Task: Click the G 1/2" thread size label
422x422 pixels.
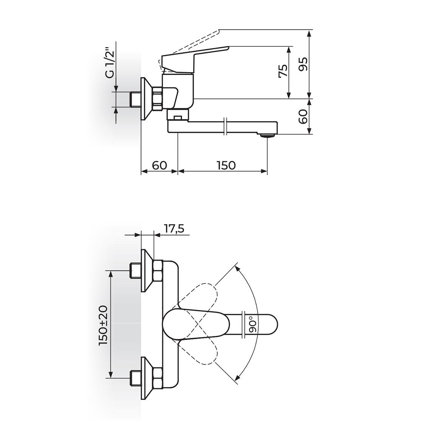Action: coord(110,63)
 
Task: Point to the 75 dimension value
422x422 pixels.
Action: coord(283,71)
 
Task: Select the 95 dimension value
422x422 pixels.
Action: coord(303,64)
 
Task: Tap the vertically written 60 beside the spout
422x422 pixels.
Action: coord(303,117)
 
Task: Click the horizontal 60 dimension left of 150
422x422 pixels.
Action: coord(159,165)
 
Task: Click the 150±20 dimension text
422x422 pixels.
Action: coord(103,325)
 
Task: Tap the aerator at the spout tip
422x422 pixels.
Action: coord(267,135)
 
